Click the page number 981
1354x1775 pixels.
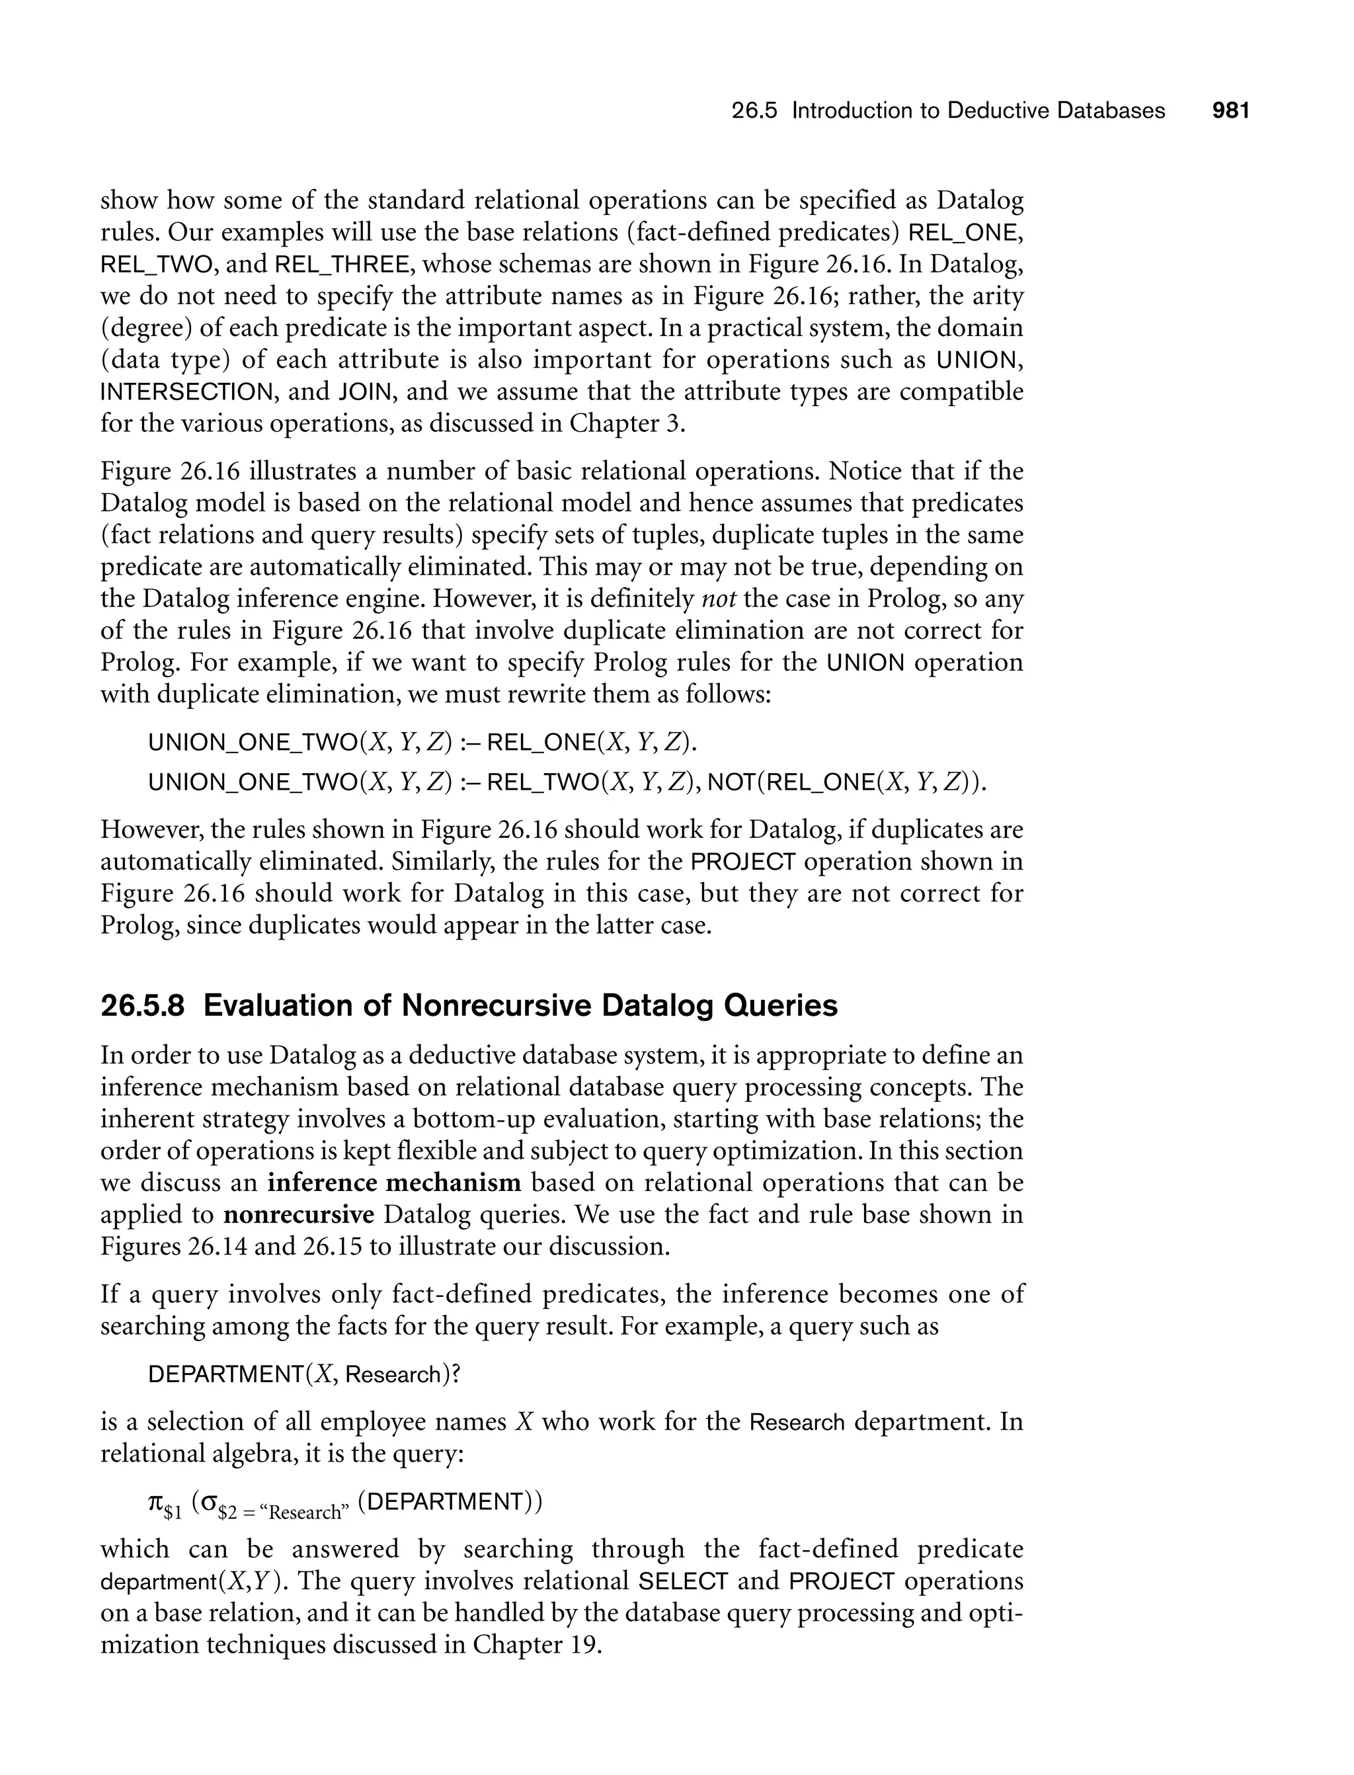[1230, 110]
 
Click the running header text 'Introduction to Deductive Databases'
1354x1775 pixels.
[978, 110]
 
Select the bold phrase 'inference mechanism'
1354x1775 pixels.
[394, 1183]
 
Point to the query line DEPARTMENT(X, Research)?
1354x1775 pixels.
[303, 1374]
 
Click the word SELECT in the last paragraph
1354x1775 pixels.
[683, 1581]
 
